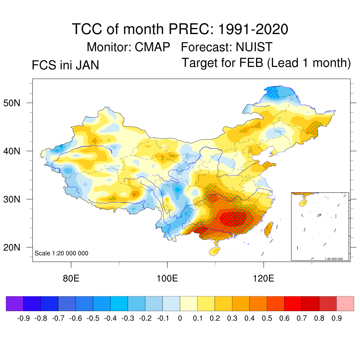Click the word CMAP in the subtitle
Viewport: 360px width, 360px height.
coord(153,47)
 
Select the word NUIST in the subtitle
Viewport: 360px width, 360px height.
coord(254,47)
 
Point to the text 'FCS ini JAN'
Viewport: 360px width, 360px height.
coord(65,65)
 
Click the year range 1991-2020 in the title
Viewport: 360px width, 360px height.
coord(253,29)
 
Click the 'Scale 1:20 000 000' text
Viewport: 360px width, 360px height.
coord(62,253)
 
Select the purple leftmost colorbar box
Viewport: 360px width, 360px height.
coord(15,303)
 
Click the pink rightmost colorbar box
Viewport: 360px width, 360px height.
coord(345,303)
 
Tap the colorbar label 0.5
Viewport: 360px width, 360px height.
coord(267,319)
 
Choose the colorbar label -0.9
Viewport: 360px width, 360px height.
coord(23,319)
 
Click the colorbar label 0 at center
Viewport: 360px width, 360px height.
coord(180,319)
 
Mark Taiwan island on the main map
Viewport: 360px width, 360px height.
coord(269,229)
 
